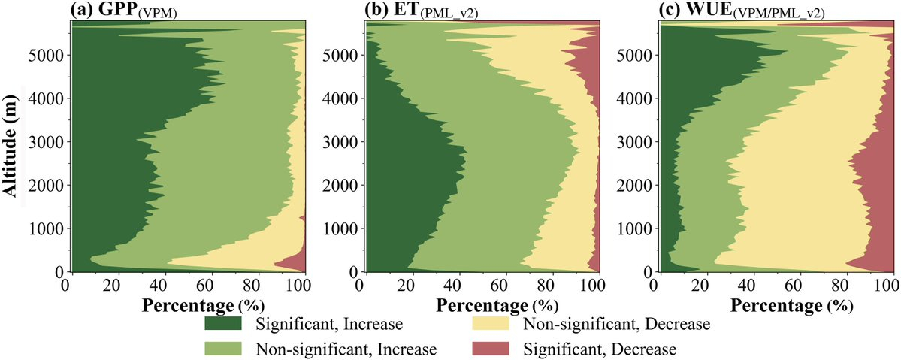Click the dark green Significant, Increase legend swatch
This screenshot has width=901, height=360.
tap(223, 324)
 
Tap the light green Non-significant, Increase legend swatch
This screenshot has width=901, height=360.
tap(223, 349)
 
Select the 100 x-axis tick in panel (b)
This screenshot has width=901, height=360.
tap(591, 286)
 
